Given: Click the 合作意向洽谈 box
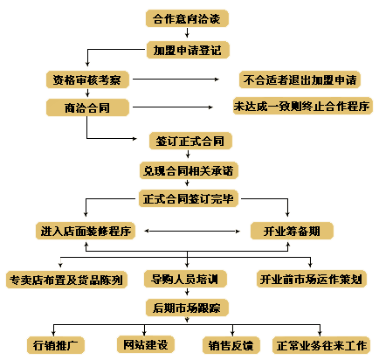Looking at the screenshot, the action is [187, 18].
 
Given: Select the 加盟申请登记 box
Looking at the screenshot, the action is [188, 50].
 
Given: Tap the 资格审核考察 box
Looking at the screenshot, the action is [87, 80].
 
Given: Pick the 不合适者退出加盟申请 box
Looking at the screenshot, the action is [300, 80].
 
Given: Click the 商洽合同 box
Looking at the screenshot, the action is [87, 107].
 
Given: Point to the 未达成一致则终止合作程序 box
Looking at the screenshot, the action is [303, 106].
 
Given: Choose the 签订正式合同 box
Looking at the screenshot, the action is [190, 141].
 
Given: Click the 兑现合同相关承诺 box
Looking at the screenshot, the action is [189, 170].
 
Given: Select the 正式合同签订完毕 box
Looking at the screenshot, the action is [189, 198].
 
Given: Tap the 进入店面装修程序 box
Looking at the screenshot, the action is [86, 231].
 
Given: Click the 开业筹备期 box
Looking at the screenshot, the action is [292, 231].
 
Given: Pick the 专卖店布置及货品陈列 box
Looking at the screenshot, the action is [66, 280].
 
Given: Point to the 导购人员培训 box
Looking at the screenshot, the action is [185, 279].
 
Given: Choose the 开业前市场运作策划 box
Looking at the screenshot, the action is [312, 279].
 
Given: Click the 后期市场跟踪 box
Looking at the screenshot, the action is [187, 308].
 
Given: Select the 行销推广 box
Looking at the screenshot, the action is [56, 345].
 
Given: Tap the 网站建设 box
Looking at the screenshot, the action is [146, 344].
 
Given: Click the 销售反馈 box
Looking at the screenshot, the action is [231, 345].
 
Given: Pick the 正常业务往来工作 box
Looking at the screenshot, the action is [321, 345].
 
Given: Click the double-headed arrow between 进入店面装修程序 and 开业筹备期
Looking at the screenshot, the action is [192, 232].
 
